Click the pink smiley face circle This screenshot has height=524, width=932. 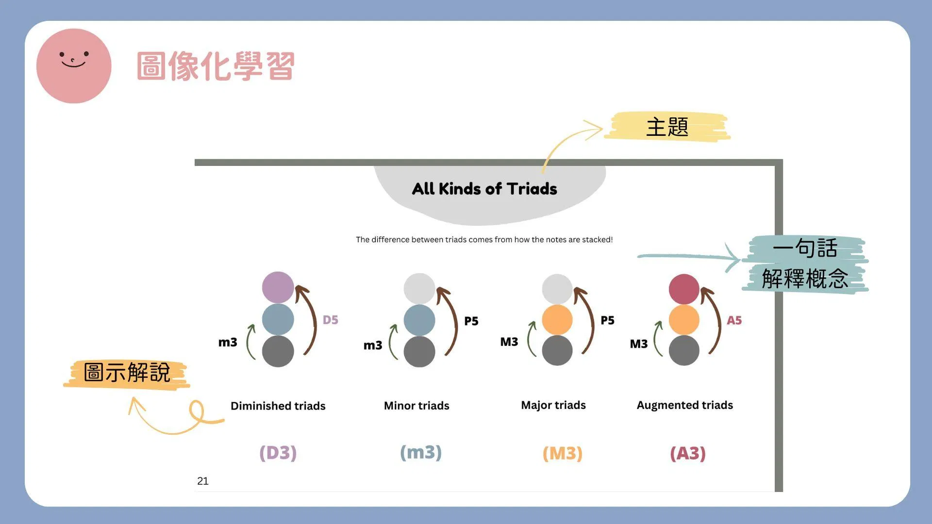[74, 66]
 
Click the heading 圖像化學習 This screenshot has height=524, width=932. [216, 66]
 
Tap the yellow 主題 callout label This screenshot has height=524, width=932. [667, 127]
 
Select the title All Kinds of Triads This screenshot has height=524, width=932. [484, 189]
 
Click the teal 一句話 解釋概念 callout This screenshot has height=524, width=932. [805, 264]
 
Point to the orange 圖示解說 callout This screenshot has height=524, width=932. [127, 373]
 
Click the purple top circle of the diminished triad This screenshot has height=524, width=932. [278, 287]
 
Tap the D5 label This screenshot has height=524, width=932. [331, 320]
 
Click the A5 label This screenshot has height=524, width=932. [734, 320]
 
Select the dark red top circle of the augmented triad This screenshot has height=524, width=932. [684, 289]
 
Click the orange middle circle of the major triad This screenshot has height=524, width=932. [557, 320]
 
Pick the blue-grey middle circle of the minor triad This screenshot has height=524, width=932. [419, 320]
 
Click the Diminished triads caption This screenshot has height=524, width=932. [278, 406]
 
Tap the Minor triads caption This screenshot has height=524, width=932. [416, 405]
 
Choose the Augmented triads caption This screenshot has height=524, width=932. [685, 405]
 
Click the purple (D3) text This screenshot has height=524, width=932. [278, 453]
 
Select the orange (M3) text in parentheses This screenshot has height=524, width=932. [563, 453]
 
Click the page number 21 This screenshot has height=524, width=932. [203, 481]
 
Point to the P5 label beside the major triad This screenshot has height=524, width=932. [608, 320]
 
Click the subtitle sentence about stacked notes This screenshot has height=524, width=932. [484, 240]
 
